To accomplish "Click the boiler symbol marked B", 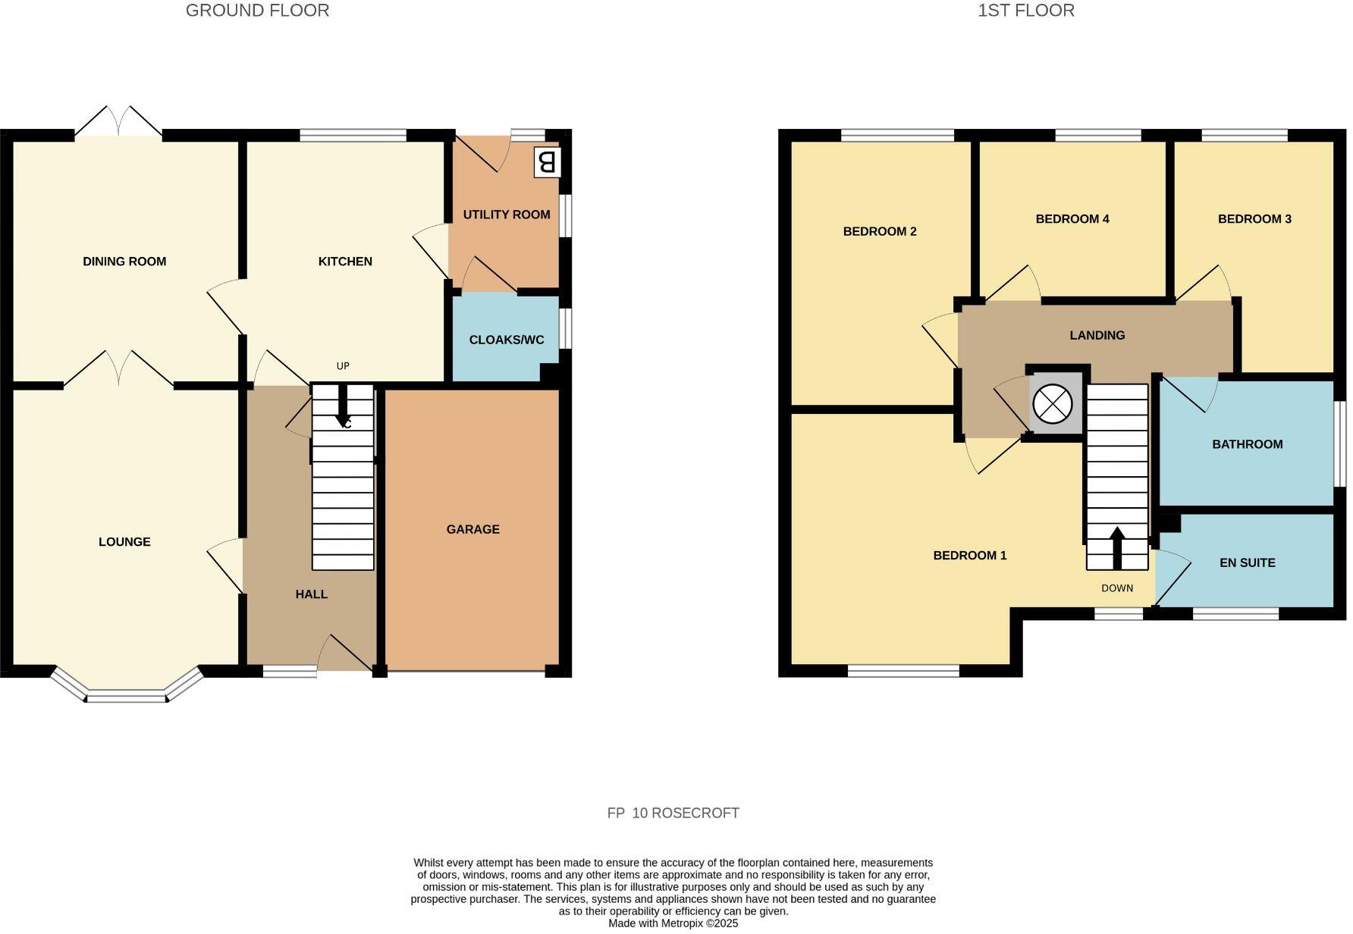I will tap(547, 162).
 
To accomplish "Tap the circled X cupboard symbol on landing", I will tap(1053, 404).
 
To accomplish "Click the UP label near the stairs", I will tap(343, 366).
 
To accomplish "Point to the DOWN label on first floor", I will tap(1116, 588).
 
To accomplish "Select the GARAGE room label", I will tap(472, 529).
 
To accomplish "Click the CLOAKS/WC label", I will tap(506, 340).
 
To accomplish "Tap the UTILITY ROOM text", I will tap(506, 215).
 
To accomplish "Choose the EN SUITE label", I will tap(1247, 563).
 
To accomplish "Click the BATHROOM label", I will tap(1247, 444).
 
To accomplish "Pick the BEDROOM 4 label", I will tap(1072, 219).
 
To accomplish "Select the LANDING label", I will tap(1097, 335).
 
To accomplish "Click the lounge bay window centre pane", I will tap(126, 696).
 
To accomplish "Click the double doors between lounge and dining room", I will tap(118, 370).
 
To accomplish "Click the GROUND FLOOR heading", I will tap(257, 11).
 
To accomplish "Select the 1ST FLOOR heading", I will tap(1025, 11).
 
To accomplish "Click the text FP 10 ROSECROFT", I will tap(673, 813).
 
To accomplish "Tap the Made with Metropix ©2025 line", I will tap(673, 923).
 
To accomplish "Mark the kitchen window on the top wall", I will tap(353, 136).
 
